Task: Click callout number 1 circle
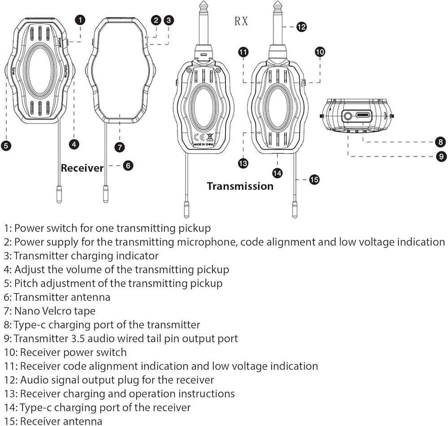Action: [x=80, y=20]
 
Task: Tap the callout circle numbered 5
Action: [x=6, y=145]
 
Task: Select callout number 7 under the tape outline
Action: [x=119, y=146]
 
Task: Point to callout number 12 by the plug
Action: [x=302, y=27]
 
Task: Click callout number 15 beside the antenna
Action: [x=314, y=180]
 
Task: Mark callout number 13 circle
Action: [x=243, y=164]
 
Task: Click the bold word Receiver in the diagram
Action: [x=82, y=168]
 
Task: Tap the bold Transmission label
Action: [x=240, y=186]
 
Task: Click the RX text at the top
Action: [x=241, y=22]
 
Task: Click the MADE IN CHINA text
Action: [x=203, y=145]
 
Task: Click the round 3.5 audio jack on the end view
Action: [x=348, y=115]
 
